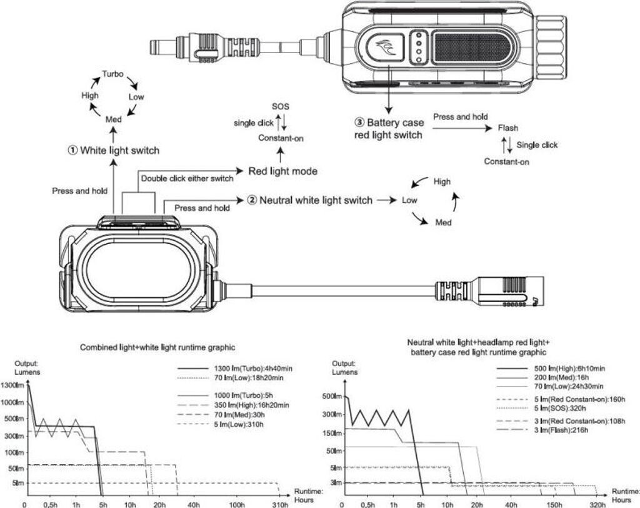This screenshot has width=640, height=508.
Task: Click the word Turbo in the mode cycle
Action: [112, 74]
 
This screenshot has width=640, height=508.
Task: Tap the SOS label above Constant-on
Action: [281, 107]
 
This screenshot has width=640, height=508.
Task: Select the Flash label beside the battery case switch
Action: [507, 128]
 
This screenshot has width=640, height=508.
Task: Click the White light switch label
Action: [114, 150]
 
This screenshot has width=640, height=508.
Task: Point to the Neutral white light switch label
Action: [310, 200]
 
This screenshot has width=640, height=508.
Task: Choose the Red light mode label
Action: [283, 171]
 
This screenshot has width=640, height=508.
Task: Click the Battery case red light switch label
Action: [389, 129]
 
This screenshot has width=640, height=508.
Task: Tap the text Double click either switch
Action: [187, 178]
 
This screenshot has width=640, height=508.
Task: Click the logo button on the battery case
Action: [386, 48]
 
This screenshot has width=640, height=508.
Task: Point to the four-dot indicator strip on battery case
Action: [418, 48]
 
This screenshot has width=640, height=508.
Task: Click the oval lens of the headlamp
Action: [139, 267]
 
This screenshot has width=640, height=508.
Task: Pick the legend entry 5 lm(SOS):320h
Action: [541, 409]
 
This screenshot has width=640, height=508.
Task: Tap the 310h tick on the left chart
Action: [280, 504]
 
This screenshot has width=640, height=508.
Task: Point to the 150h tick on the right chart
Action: [554, 504]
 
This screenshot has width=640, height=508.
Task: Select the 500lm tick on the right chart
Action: [332, 396]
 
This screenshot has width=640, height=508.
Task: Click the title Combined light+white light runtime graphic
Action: [157, 347]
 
